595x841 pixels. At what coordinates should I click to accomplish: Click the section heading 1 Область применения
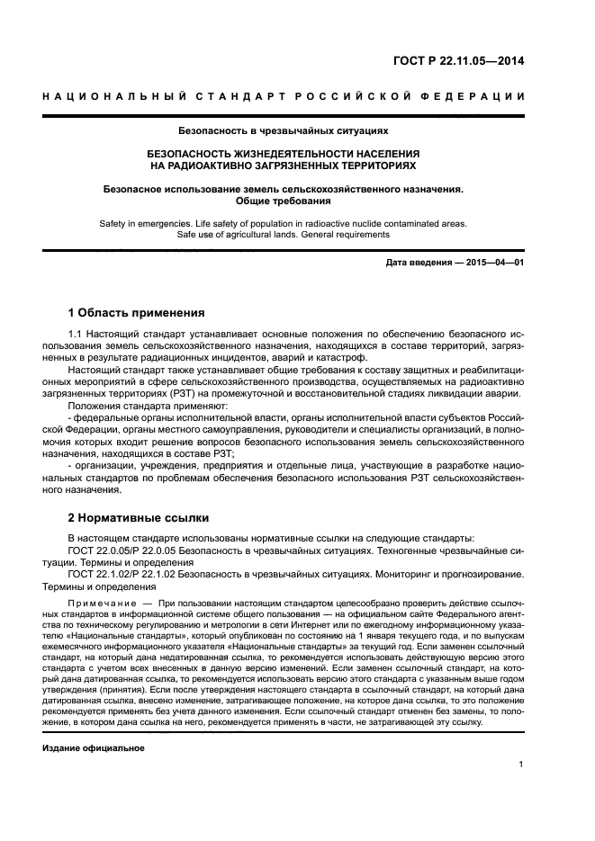137,314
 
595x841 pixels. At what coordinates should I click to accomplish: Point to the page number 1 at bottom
521,765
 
